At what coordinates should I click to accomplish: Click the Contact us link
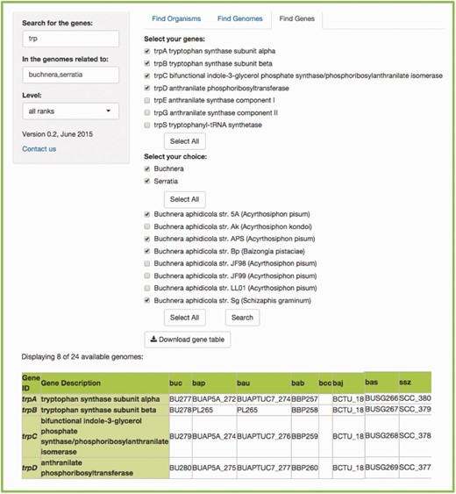tap(39, 149)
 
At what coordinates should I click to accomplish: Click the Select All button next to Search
tap(184, 317)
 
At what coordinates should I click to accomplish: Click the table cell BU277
tap(180, 397)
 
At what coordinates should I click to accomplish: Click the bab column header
tap(298, 383)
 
